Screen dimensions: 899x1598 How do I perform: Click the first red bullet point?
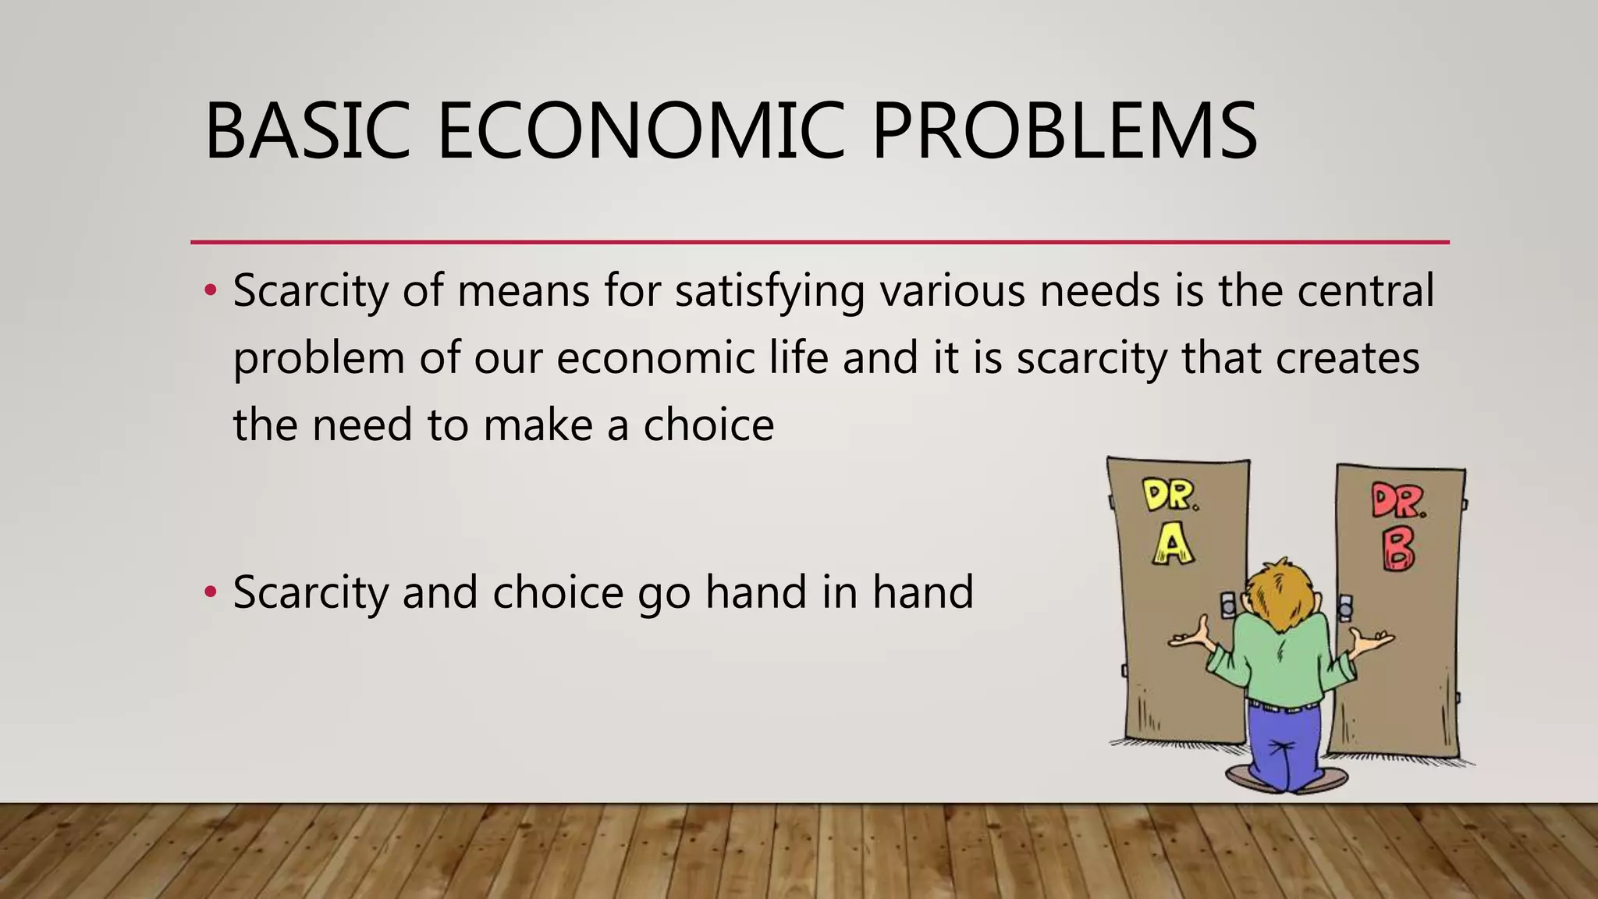coord(209,291)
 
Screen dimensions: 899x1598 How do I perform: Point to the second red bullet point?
coord(209,592)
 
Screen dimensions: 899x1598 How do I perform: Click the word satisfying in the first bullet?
coord(769,291)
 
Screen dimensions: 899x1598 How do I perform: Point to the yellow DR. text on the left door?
coord(1170,495)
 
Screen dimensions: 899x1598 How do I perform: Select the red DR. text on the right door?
coord(1398,501)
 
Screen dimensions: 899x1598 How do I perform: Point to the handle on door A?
coord(1229,603)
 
